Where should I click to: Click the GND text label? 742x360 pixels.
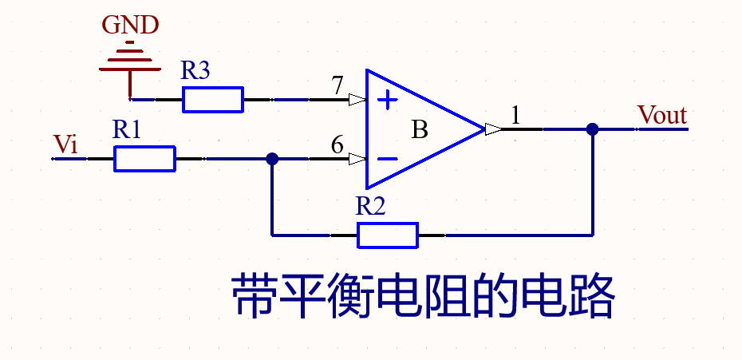click(x=130, y=25)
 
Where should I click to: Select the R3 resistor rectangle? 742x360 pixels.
click(x=213, y=100)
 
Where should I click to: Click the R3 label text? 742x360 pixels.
click(x=195, y=72)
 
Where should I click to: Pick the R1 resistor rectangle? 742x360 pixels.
click(x=144, y=159)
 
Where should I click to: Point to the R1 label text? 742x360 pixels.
click(x=127, y=130)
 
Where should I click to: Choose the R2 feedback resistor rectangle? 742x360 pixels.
click(x=388, y=235)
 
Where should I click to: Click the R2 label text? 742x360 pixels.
click(x=371, y=207)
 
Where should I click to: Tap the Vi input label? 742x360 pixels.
click(x=65, y=144)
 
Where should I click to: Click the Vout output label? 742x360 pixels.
click(x=662, y=116)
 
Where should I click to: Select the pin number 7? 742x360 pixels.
click(x=337, y=85)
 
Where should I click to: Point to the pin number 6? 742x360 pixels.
click(x=337, y=145)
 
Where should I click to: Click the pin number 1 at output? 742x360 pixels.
click(x=515, y=116)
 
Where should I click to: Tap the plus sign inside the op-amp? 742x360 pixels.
click(x=387, y=101)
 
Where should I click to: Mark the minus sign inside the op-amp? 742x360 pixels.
click(x=387, y=159)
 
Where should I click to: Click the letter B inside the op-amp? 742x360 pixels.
click(x=420, y=129)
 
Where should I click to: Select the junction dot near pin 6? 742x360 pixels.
click(x=272, y=159)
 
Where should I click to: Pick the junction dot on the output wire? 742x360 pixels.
click(x=592, y=129)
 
